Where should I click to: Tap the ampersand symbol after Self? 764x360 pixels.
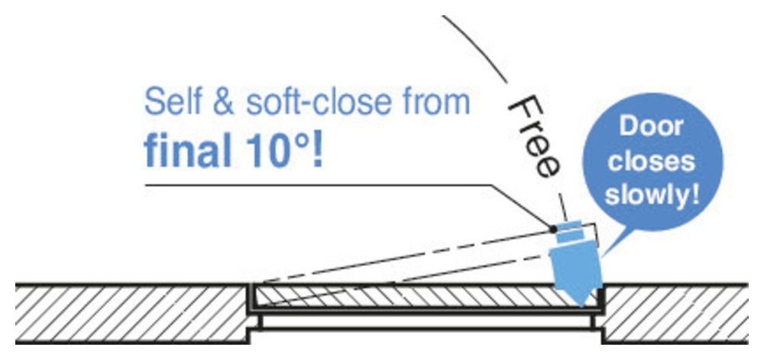(223, 102)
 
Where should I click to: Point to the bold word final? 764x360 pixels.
(187, 151)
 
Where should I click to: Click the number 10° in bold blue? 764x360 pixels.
(275, 151)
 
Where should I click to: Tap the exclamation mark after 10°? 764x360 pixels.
(317, 151)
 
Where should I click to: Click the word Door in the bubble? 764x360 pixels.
(651, 127)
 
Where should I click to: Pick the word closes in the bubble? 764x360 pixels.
(651, 161)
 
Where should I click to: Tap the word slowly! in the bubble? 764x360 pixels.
(651, 196)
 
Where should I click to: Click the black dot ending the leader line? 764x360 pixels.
(552, 228)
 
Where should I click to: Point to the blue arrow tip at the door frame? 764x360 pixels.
(581, 305)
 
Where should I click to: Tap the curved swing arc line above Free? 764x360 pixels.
(475, 47)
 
